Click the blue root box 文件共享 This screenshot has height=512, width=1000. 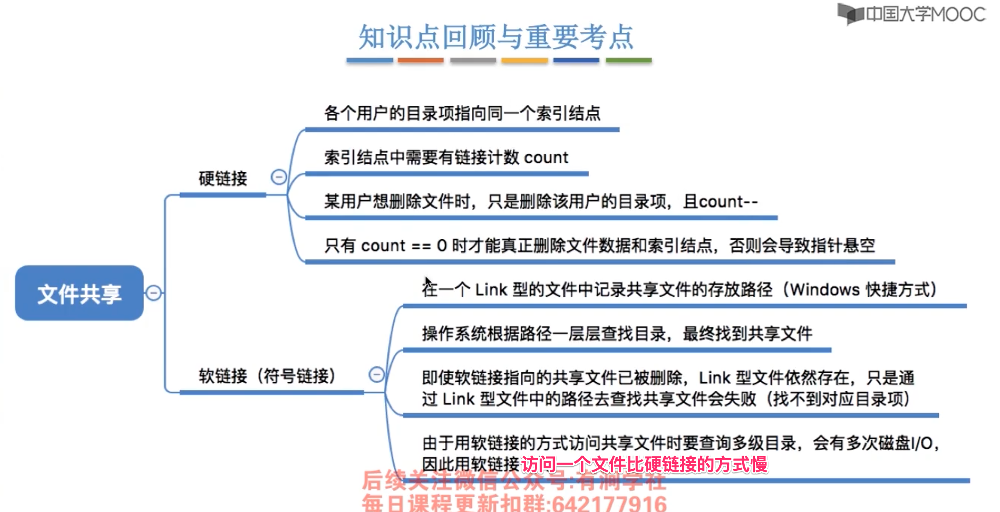79,293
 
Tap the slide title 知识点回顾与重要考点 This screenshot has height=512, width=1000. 496,37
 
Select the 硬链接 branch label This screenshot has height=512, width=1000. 223,178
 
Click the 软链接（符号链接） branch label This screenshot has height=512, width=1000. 267,376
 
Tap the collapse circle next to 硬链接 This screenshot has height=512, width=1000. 279,177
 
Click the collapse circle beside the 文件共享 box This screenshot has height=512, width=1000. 154,293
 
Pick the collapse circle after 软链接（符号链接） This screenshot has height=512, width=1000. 376,374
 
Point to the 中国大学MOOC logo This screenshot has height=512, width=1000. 911,14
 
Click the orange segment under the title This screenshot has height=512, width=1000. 420,60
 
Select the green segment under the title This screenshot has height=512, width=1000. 629,60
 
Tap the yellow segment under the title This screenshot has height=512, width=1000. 525,60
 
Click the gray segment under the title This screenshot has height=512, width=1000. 473,60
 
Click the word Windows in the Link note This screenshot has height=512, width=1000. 825,289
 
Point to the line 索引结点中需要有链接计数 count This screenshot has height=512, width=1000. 446,157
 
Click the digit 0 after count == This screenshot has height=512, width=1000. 442,245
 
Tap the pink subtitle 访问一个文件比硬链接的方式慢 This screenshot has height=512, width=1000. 644,464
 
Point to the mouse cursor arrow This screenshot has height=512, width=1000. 428,282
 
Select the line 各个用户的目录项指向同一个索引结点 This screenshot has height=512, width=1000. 462,113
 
